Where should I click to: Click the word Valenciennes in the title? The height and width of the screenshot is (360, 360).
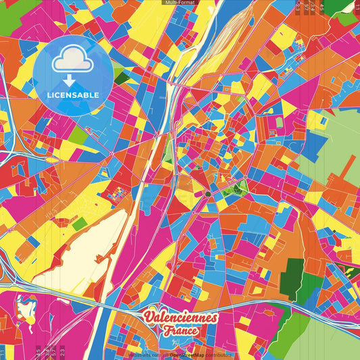[x=180, y=317]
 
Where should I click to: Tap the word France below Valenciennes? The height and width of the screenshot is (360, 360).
[x=180, y=331]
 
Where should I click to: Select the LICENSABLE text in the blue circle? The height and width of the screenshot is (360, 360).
[x=72, y=95]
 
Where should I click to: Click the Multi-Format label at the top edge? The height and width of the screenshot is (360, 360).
[x=180, y=3]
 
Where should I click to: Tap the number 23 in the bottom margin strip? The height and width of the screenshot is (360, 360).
[x=62, y=352]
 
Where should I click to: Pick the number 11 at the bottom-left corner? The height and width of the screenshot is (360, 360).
[x=3, y=352]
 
